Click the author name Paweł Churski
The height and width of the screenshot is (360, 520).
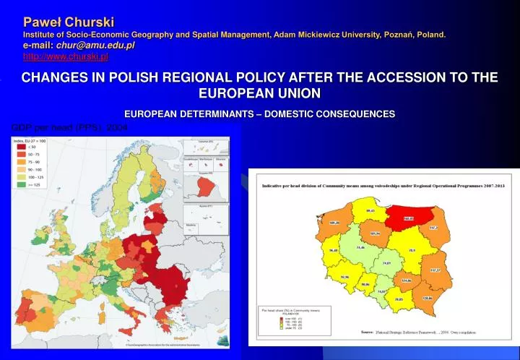pyautogui.click(x=69, y=22)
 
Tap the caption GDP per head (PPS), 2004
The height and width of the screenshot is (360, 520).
pyautogui.click(x=69, y=127)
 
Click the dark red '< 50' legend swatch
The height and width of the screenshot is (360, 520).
pyautogui.click(x=22, y=147)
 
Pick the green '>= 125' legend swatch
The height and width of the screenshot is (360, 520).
pyautogui.click(x=22, y=184)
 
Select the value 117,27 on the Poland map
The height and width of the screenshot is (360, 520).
pyautogui.click(x=435, y=270)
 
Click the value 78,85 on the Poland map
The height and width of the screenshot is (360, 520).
pyautogui.click(x=399, y=298)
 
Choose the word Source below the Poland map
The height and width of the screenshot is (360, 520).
pyautogui.click(x=367, y=332)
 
